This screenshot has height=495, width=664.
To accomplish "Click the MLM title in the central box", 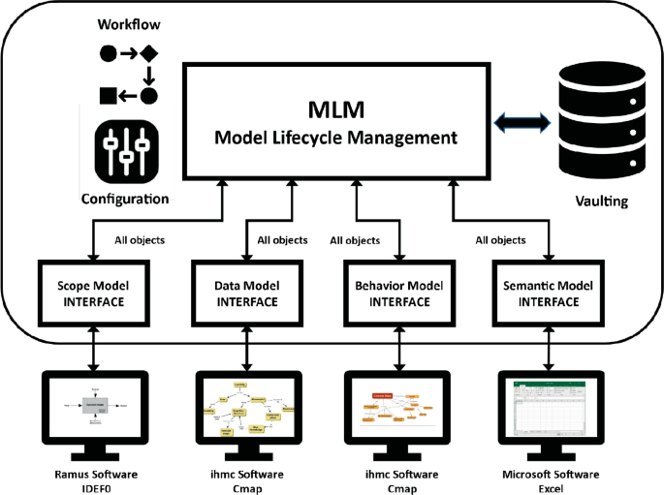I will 334,106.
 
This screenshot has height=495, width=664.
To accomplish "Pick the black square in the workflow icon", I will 109,95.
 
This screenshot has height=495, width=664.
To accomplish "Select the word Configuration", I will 126,199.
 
